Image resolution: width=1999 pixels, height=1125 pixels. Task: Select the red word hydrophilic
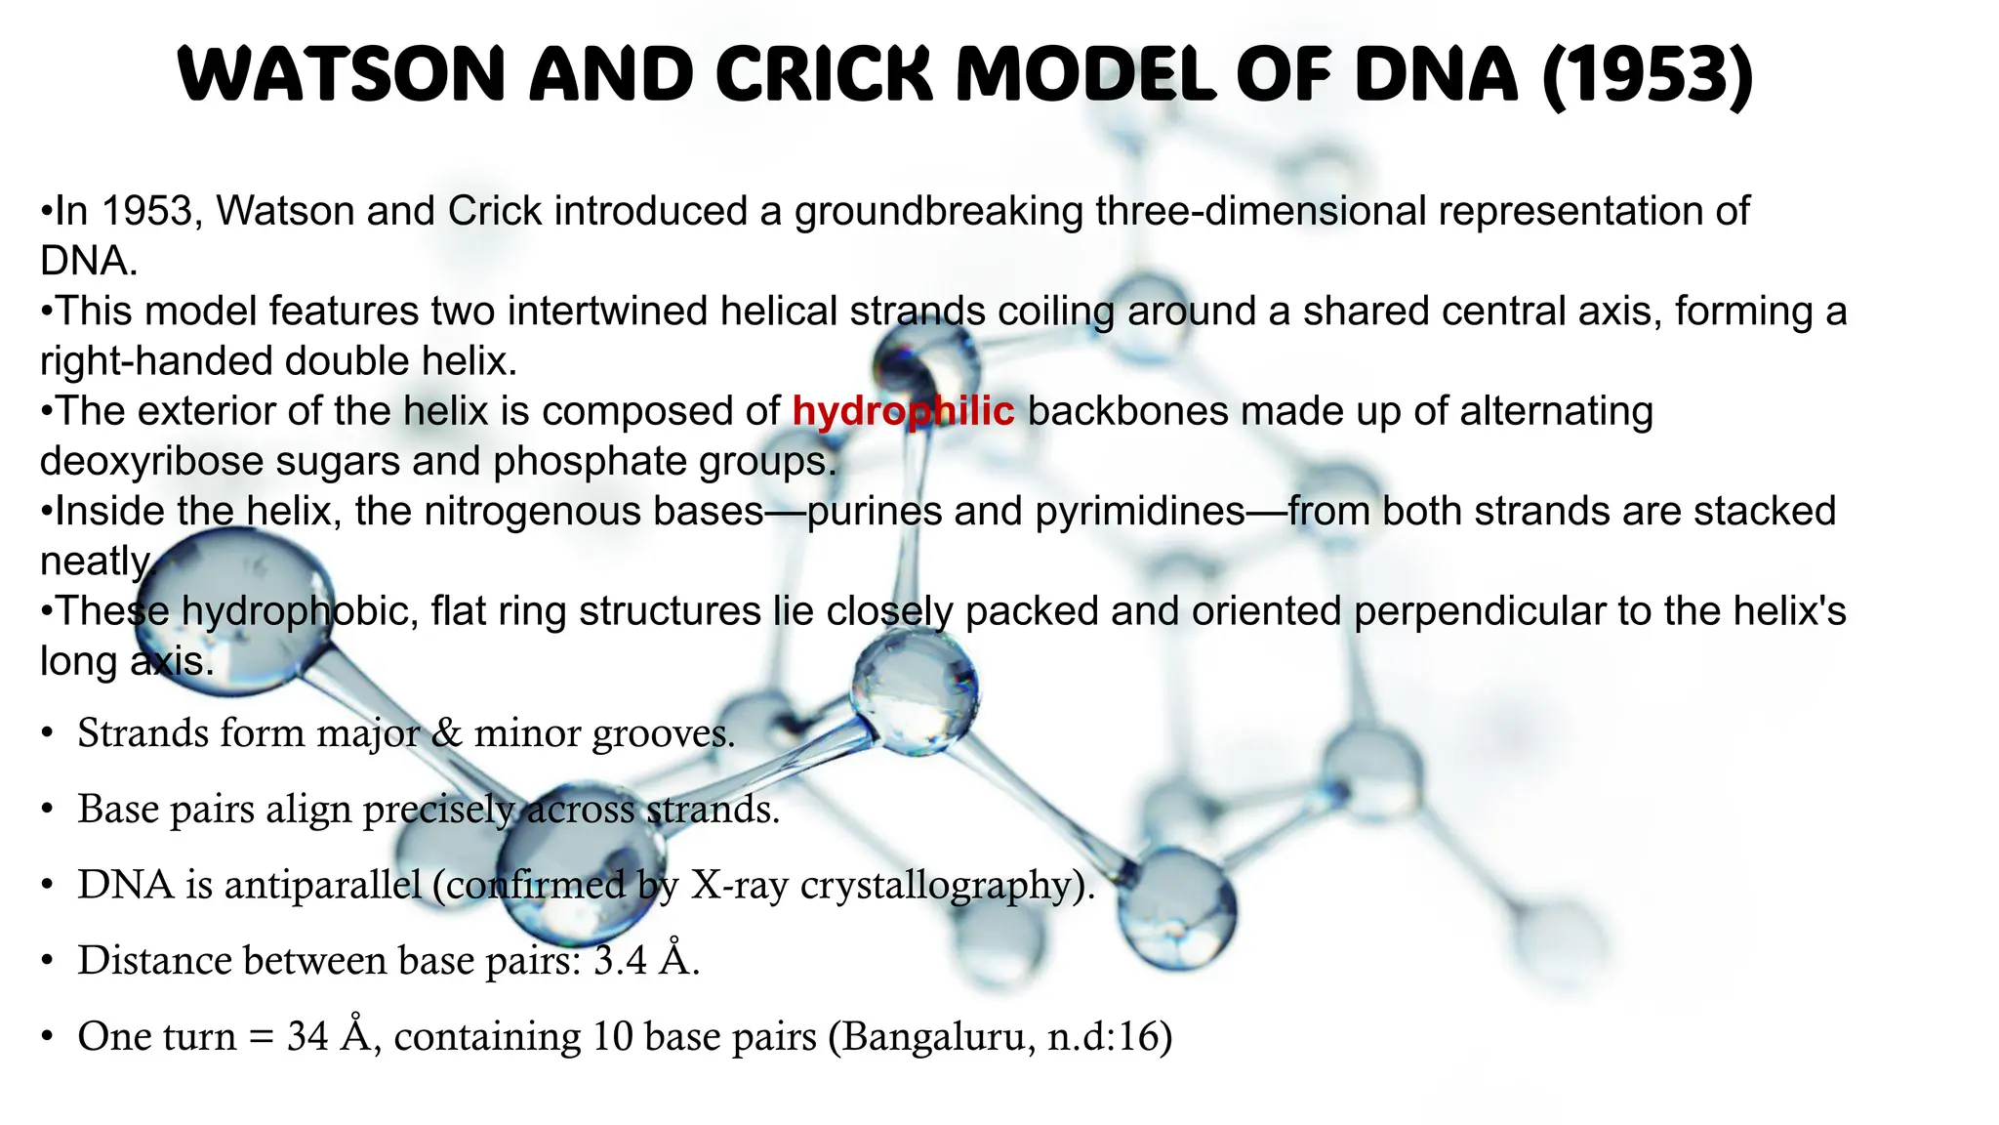(x=903, y=411)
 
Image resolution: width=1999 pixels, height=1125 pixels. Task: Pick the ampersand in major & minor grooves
(x=446, y=733)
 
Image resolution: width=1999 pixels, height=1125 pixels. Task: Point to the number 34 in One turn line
(x=307, y=1036)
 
